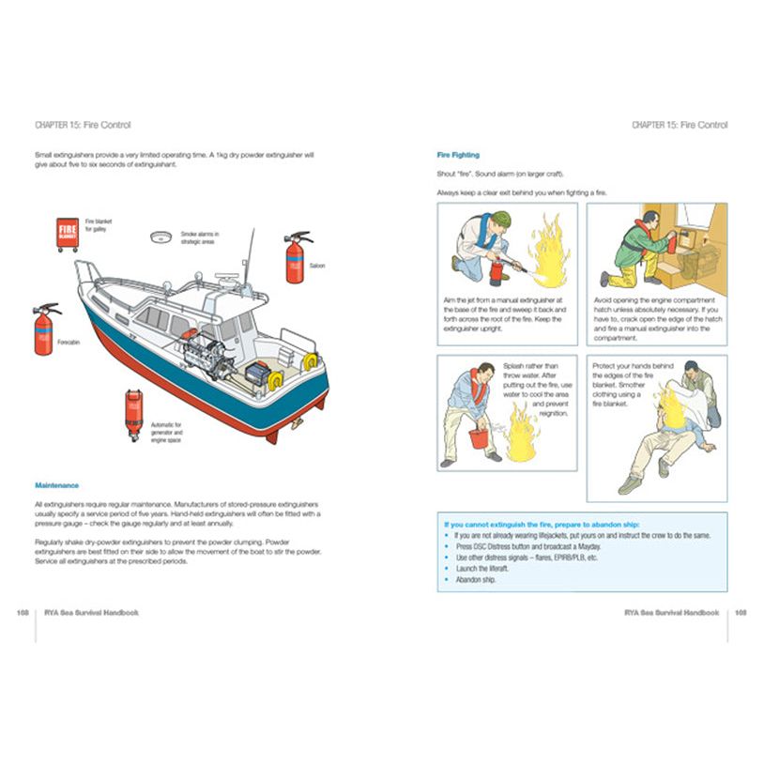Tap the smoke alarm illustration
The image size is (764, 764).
coord(161,237)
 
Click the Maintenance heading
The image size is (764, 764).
coord(56,485)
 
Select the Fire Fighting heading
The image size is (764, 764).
coord(458,154)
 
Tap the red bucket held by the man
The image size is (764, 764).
coord(479,438)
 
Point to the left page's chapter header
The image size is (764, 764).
coord(83,125)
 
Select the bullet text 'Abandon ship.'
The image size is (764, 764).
coord(476,580)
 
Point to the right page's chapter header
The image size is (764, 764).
coord(680,125)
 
